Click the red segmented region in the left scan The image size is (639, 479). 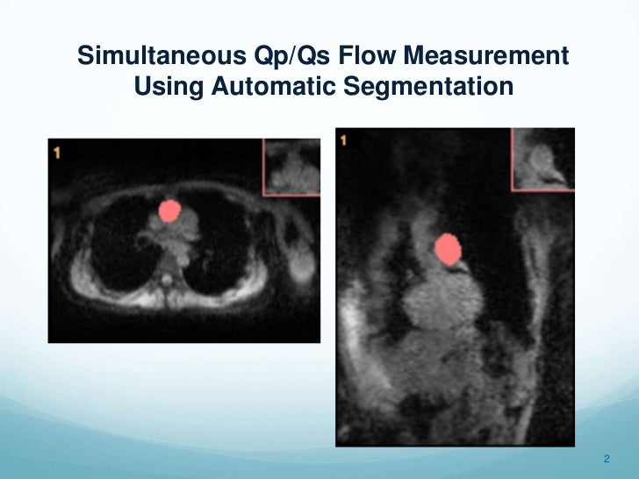coord(169,211)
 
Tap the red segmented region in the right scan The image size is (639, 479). coord(449,249)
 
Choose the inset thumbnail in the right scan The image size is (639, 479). coord(542,158)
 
